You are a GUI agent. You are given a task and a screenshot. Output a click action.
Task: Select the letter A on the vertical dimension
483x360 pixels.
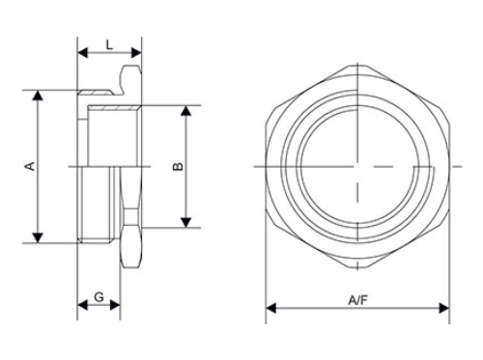tap(29, 167)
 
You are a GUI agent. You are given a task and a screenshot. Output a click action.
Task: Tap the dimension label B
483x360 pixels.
tap(178, 167)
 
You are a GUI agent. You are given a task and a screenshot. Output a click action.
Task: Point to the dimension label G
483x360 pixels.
tap(99, 298)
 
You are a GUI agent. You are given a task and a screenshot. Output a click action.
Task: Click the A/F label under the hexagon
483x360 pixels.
tap(357, 299)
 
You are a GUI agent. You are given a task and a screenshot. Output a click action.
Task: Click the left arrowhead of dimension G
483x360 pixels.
tap(81, 309)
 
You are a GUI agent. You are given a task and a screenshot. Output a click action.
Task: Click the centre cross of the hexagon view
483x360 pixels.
tap(356, 167)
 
